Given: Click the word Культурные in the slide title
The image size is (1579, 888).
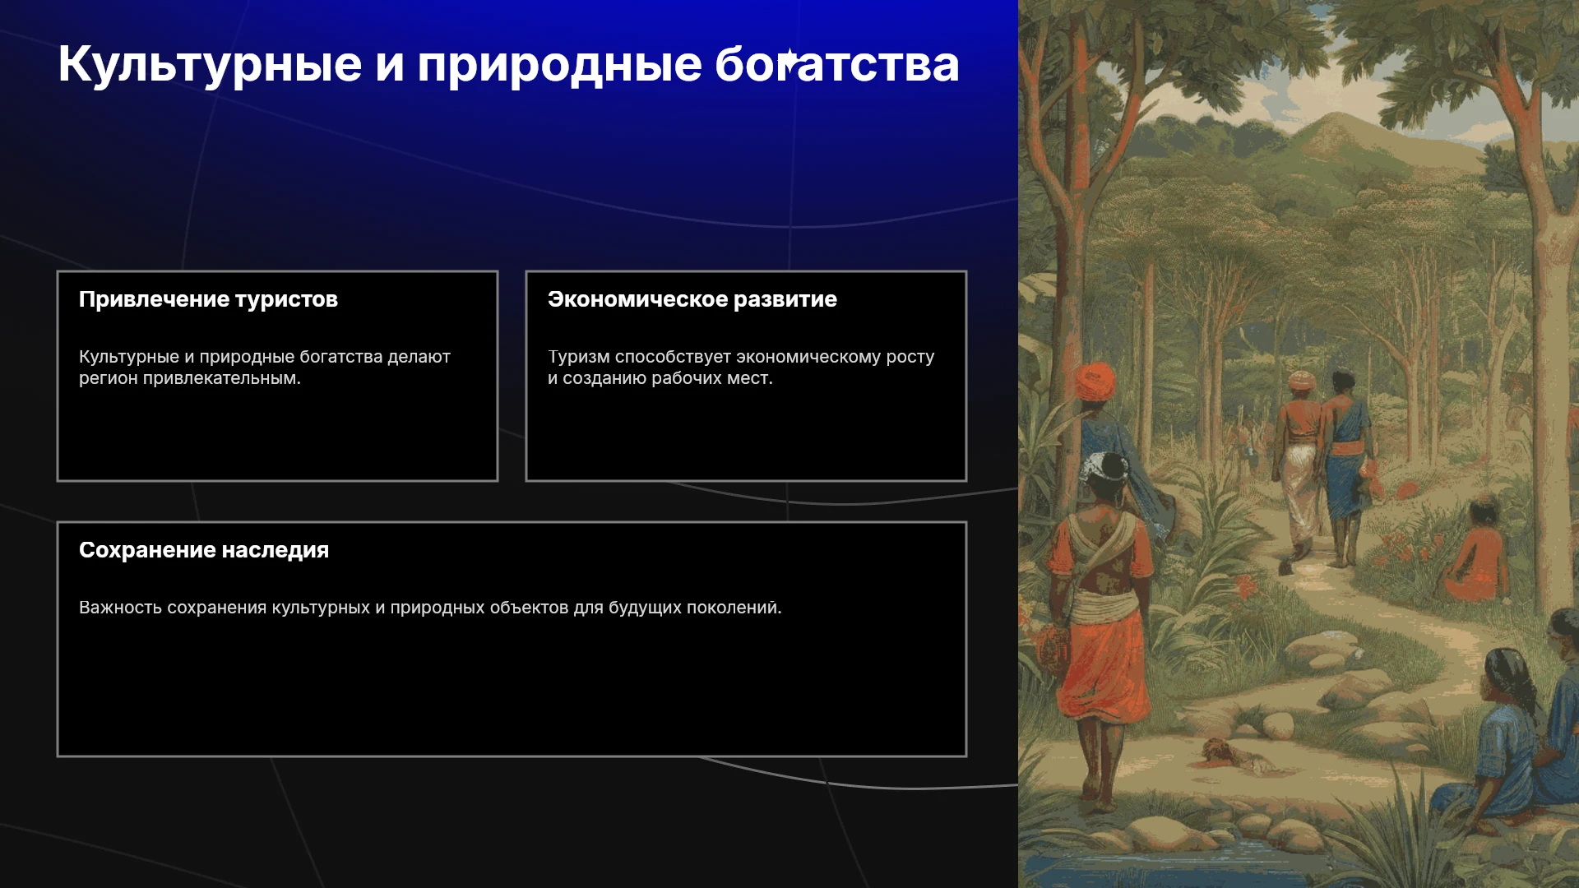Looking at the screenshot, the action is pyautogui.click(x=210, y=65).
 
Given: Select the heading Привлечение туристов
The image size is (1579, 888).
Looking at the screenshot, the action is pyautogui.click(x=208, y=299).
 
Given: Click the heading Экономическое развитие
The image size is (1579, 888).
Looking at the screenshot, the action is pyautogui.click(x=692, y=299).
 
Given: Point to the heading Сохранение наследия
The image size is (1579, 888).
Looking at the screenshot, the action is pyautogui.click(x=204, y=550).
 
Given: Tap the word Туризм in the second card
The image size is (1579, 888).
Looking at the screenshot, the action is pyautogui.click(x=579, y=357).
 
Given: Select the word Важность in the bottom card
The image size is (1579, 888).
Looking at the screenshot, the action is pyautogui.click(x=120, y=608).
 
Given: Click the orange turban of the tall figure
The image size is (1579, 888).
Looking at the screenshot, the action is pyautogui.click(x=1095, y=380).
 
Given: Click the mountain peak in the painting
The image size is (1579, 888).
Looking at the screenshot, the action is pyautogui.click(x=1327, y=118).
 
